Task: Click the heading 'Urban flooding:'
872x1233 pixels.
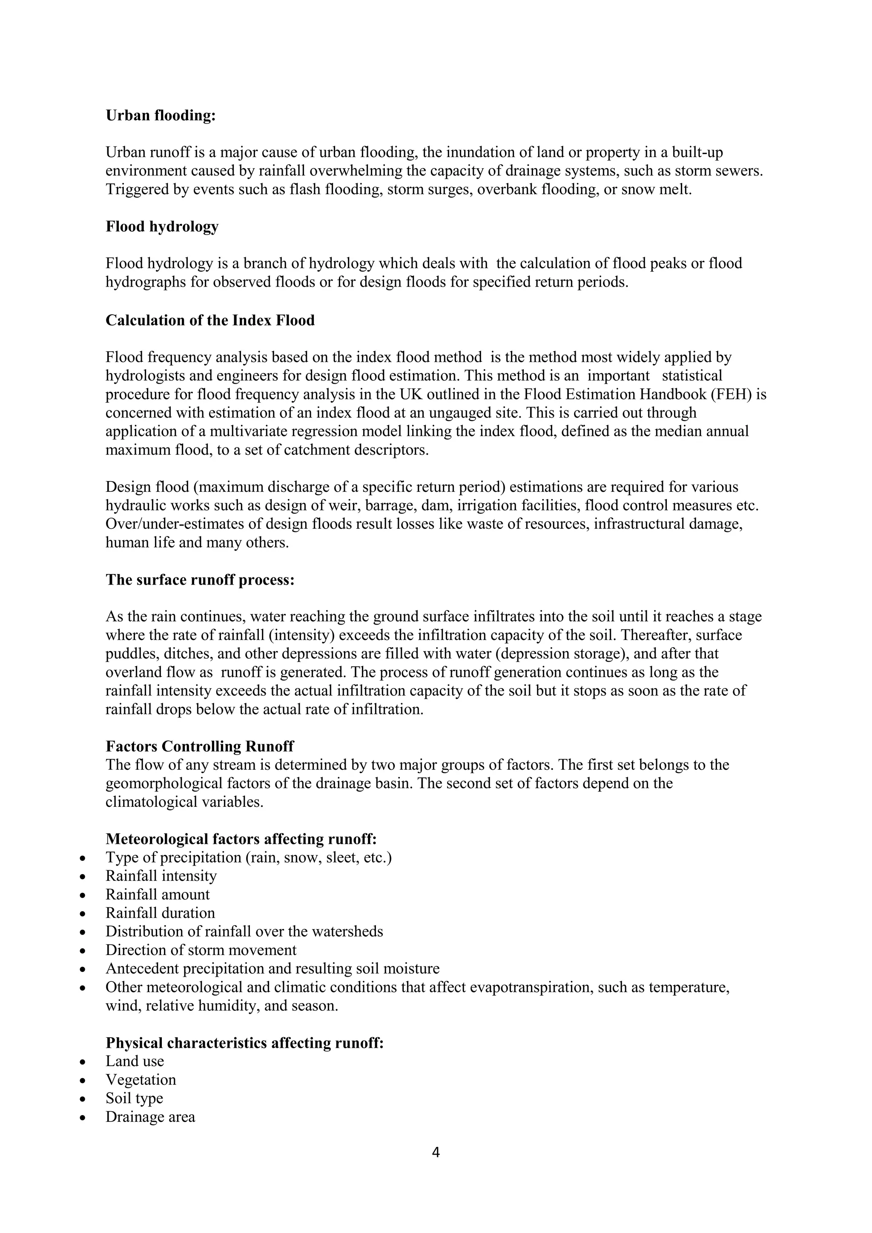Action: tap(161, 115)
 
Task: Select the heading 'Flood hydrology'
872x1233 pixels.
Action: tap(162, 227)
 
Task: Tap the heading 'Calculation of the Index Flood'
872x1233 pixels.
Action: tap(210, 321)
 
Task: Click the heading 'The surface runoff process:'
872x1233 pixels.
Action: tap(200, 580)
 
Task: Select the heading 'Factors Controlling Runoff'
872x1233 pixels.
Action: tap(200, 746)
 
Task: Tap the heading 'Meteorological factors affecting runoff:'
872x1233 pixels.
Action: tap(241, 839)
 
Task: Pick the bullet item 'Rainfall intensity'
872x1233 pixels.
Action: tap(161, 876)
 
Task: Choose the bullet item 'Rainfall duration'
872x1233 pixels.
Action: tap(160, 913)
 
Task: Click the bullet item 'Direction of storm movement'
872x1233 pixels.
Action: tap(201, 950)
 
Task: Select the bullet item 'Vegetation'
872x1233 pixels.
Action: tap(141, 1080)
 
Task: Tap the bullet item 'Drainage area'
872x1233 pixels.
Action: tap(150, 1117)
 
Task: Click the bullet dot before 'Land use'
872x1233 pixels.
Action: tap(82, 1062)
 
